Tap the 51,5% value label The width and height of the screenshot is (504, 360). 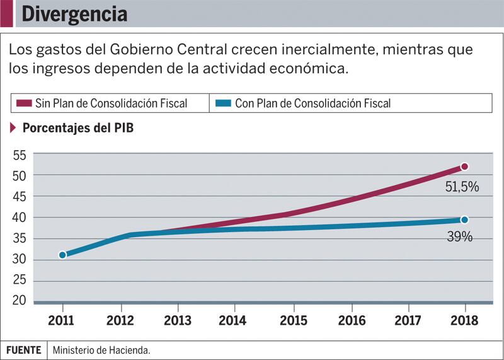coord(462,187)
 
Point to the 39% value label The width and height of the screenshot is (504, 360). coord(460,237)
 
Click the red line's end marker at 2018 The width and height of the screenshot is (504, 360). coord(464,166)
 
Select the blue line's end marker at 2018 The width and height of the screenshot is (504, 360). coord(464,219)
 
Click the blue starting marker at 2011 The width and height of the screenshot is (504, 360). coord(62,255)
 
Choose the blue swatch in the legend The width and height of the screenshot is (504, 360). coord(222,103)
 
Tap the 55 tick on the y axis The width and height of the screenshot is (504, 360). coord(19,154)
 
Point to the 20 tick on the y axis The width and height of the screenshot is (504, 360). coord(19,300)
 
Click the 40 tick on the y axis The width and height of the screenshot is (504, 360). coord(19,218)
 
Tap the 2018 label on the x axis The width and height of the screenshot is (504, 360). coord(465,320)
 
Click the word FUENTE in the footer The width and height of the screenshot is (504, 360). coord(24,349)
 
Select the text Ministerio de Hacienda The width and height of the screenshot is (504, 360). coord(101,349)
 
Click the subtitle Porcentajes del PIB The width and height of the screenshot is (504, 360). coord(77,128)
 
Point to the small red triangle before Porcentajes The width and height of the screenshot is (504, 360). coord(13,128)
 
